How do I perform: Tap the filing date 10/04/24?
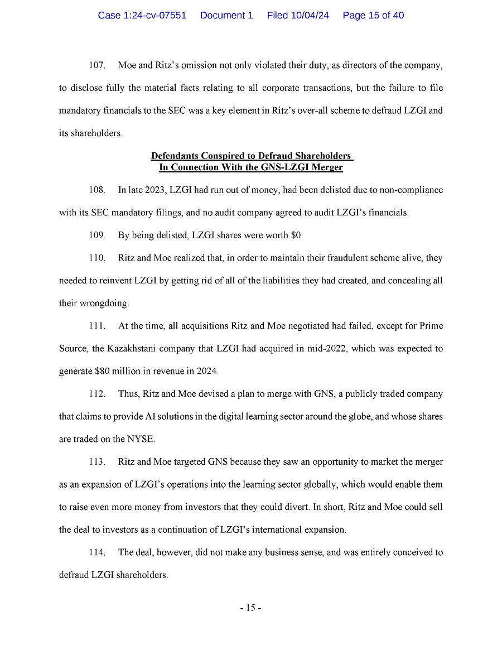tap(310, 16)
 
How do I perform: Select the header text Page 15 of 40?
tap(373, 16)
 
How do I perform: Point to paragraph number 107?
tap(97, 66)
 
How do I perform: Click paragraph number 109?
tap(97, 235)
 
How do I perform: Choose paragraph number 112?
tap(97, 394)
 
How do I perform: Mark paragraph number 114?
tap(97, 552)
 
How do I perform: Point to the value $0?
tap(297, 235)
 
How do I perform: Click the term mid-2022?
tap(323, 348)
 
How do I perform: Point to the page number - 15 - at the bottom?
tap(250, 608)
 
